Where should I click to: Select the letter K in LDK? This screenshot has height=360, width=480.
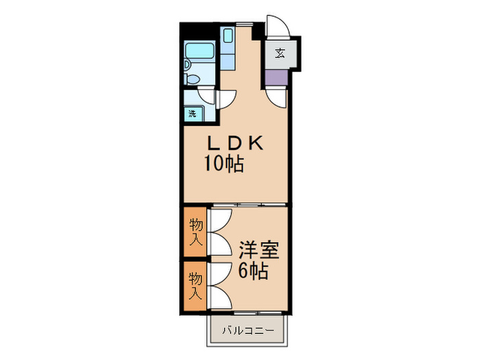click(256, 144)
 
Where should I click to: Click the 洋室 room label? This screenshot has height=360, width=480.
click(259, 250)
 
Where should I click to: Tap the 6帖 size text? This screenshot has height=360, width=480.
click(253, 271)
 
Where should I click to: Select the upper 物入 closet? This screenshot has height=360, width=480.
click(196, 232)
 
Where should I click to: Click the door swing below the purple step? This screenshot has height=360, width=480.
click(277, 98)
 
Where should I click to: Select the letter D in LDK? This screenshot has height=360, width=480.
click(235, 144)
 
